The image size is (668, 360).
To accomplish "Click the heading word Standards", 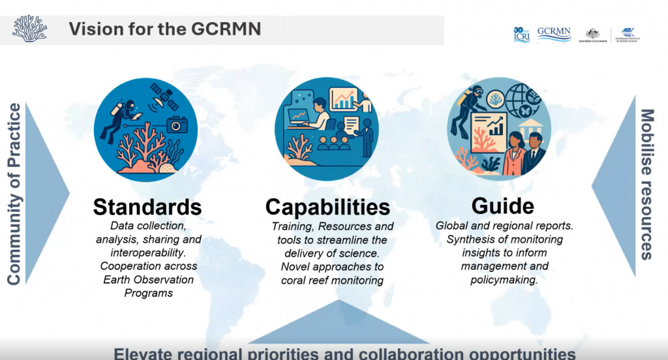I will (147, 207).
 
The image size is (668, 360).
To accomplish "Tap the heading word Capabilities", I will (327, 207).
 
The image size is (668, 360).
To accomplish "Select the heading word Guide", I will (502, 206).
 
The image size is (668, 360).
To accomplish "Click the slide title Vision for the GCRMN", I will (164, 29).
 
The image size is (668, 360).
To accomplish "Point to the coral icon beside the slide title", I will (29, 29).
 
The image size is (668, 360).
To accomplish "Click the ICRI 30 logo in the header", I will (521, 35).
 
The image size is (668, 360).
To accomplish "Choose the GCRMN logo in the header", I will (554, 34).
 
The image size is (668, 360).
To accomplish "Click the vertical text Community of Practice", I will (14, 194).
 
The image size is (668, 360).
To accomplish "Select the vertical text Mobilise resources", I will (646, 185).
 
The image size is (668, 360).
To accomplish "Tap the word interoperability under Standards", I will (147, 253).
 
